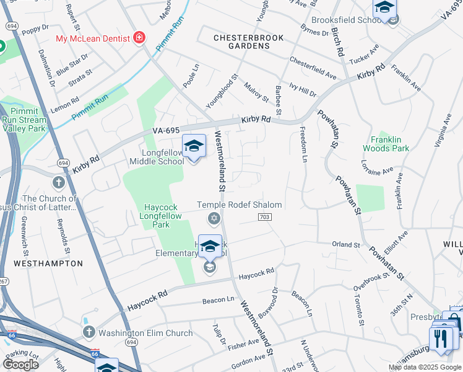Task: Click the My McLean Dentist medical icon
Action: click(139, 38)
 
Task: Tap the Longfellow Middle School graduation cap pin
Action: click(194, 146)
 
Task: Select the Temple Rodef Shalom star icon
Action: click(214, 218)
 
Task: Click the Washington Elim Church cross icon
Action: click(89, 333)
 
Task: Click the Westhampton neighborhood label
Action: click(48, 263)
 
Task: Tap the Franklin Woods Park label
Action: click(390, 144)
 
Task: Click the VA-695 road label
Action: click(165, 131)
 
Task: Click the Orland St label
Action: click(346, 245)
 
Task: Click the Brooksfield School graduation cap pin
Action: click(384, 9)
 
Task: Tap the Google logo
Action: click(21, 365)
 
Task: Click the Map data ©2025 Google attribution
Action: click(424, 367)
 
